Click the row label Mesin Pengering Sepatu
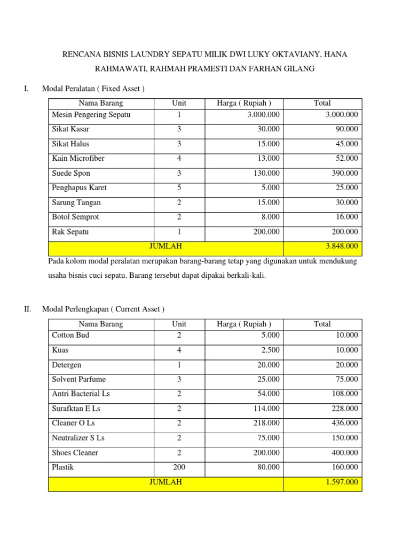91,115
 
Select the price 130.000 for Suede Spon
266,173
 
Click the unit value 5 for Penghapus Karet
179,187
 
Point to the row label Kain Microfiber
78,159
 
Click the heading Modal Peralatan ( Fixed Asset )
93,88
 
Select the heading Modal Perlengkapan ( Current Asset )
103,309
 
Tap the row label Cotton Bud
70,335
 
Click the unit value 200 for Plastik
179,467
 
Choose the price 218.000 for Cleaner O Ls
266,423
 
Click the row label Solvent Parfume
78,379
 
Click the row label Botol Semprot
75,217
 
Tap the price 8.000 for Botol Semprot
270,217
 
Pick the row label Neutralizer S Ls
78,438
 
